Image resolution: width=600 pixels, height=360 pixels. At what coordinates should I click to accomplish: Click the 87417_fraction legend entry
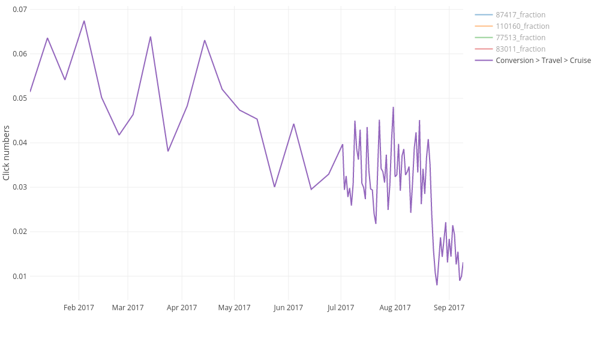pyautogui.click(x=520, y=14)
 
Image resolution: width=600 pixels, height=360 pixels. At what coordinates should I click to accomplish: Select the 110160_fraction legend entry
pyautogui.click(x=522, y=26)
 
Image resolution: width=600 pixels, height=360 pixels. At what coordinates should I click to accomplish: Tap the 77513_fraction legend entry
pyautogui.click(x=520, y=37)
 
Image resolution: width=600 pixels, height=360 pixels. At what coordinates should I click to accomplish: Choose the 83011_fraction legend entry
pyautogui.click(x=520, y=49)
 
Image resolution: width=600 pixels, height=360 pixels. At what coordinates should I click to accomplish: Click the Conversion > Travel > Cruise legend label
pyautogui.click(x=543, y=60)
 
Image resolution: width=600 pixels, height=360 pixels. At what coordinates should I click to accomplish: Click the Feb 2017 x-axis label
pyautogui.click(x=79, y=308)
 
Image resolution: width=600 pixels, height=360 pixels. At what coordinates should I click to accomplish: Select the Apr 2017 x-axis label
pyautogui.click(x=182, y=308)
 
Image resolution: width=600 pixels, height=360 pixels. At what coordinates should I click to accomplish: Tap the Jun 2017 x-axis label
pyautogui.click(x=288, y=308)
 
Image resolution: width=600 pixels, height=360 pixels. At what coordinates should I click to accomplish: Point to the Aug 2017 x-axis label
pyautogui.click(x=395, y=308)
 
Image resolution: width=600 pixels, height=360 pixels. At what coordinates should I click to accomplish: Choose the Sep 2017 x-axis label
pyautogui.click(x=449, y=308)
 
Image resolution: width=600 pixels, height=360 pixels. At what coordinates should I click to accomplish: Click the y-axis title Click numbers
pyautogui.click(x=7, y=152)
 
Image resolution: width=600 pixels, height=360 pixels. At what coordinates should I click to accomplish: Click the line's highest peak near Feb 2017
pyautogui.click(x=84, y=21)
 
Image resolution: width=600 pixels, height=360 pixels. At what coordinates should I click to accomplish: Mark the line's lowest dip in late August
pyautogui.click(x=437, y=284)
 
